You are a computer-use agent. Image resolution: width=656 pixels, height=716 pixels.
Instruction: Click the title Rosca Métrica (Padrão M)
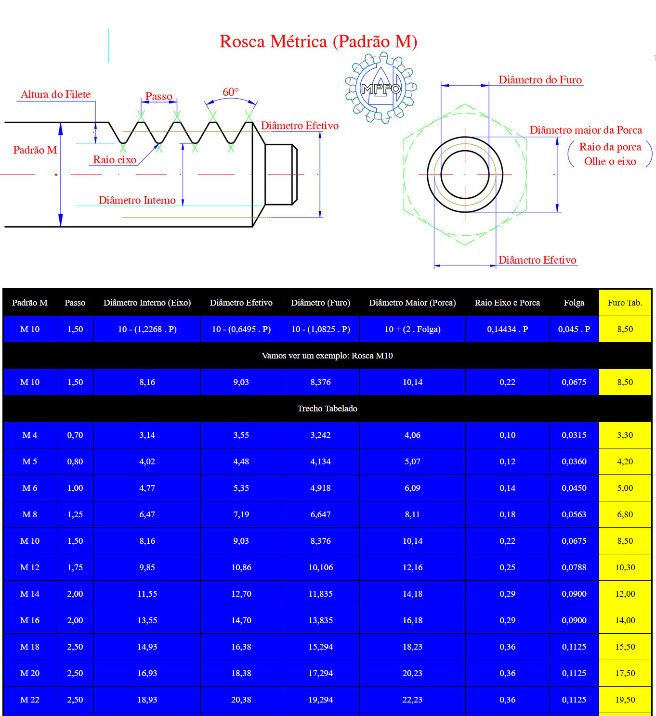pyautogui.click(x=318, y=42)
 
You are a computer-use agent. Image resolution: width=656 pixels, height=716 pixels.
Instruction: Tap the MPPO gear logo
pyautogui.click(x=380, y=88)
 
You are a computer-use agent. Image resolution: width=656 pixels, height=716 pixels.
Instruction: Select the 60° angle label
pyautogui.click(x=230, y=92)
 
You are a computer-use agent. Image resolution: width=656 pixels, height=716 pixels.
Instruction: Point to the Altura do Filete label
pyautogui.click(x=56, y=94)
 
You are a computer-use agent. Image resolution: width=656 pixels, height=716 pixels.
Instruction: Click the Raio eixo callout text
pyautogui.click(x=115, y=160)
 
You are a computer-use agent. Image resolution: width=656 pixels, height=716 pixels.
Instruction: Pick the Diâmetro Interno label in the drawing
pyautogui.click(x=137, y=200)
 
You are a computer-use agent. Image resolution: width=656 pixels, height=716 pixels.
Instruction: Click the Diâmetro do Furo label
pyautogui.click(x=540, y=80)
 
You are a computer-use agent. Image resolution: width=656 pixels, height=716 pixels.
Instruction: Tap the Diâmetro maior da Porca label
pyautogui.click(x=586, y=130)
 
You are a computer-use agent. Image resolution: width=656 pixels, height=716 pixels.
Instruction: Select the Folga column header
pyautogui.click(x=574, y=303)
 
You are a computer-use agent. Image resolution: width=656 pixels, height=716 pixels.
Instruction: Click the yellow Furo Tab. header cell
pyautogui.click(x=625, y=303)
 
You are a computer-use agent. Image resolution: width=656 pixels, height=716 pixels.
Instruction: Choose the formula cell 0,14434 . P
pyautogui.click(x=507, y=329)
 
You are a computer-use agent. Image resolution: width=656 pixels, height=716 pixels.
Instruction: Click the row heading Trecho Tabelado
pyautogui.click(x=327, y=409)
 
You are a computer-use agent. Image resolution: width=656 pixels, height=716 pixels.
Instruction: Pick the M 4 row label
pyautogui.click(x=30, y=435)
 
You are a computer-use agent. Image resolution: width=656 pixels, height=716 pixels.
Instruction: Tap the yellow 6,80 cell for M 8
pyautogui.click(x=625, y=514)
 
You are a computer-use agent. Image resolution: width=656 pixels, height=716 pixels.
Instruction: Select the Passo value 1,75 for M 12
pyautogui.click(x=75, y=567)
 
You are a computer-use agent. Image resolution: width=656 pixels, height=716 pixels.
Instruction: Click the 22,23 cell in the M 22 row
pyautogui.click(x=412, y=700)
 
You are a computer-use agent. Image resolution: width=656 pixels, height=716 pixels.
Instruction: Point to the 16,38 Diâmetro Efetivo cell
pyautogui.click(x=241, y=647)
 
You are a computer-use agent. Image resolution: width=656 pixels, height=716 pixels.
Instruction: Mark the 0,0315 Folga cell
pyautogui.click(x=574, y=435)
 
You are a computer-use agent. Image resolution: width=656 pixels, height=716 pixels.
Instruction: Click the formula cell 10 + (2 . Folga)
pyautogui.click(x=412, y=329)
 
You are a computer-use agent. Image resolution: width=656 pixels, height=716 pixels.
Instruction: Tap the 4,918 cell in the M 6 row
pyautogui.click(x=320, y=488)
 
